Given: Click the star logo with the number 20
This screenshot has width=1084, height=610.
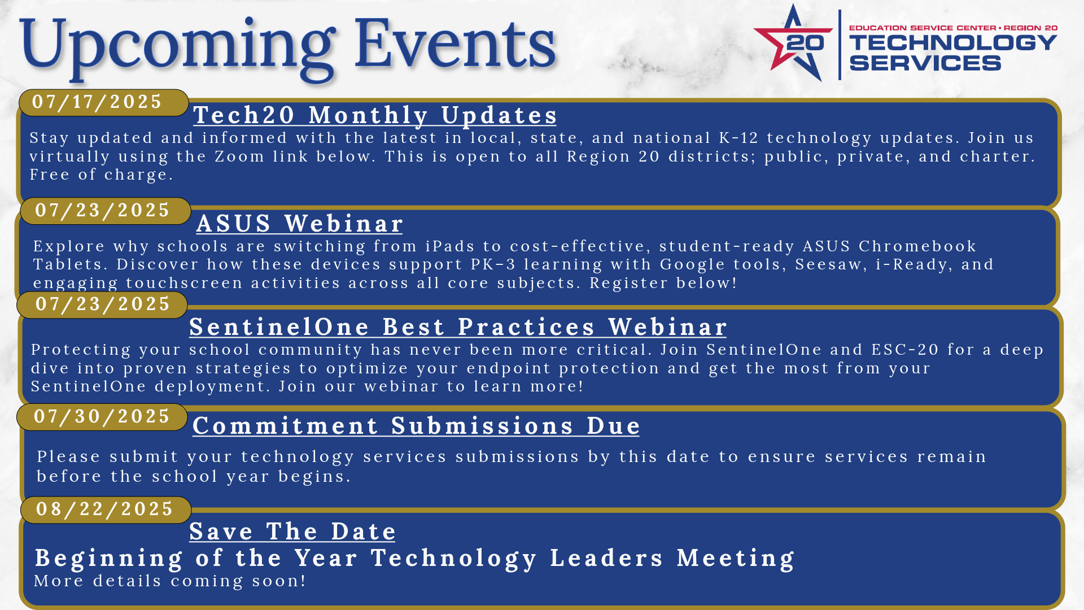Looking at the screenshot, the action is [x=793, y=43].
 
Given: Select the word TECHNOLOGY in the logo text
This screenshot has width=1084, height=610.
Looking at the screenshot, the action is [x=953, y=42].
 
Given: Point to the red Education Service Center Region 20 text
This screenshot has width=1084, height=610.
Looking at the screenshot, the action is [x=953, y=28].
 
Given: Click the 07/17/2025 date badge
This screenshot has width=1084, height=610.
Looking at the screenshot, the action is [x=103, y=102].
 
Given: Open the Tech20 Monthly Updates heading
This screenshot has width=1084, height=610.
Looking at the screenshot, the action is [x=375, y=115].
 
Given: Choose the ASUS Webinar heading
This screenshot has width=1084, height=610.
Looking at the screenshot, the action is [x=300, y=224].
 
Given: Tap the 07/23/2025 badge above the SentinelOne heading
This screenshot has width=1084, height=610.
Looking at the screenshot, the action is [x=102, y=304].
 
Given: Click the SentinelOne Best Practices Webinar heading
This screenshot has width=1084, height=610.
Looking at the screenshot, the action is [x=458, y=327].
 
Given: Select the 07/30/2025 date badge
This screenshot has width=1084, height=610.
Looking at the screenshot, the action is [x=102, y=417].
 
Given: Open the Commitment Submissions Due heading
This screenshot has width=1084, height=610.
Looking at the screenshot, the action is [x=416, y=426].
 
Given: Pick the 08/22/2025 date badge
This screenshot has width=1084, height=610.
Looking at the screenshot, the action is [x=106, y=509].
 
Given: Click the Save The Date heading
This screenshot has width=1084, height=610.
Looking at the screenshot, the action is [x=292, y=531].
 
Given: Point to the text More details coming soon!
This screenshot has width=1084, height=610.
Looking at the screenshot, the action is [x=170, y=581].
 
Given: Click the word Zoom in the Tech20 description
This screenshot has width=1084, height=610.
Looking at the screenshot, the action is [x=239, y=156].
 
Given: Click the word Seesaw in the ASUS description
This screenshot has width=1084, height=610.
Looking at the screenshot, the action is [x=831, y=265].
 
